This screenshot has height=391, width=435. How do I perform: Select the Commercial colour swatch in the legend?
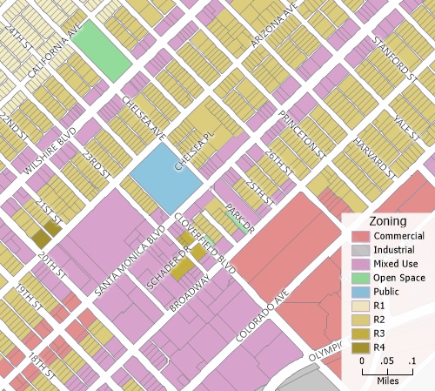tap(361, 237)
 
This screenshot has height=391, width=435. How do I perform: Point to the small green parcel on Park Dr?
tap(239, 222)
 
